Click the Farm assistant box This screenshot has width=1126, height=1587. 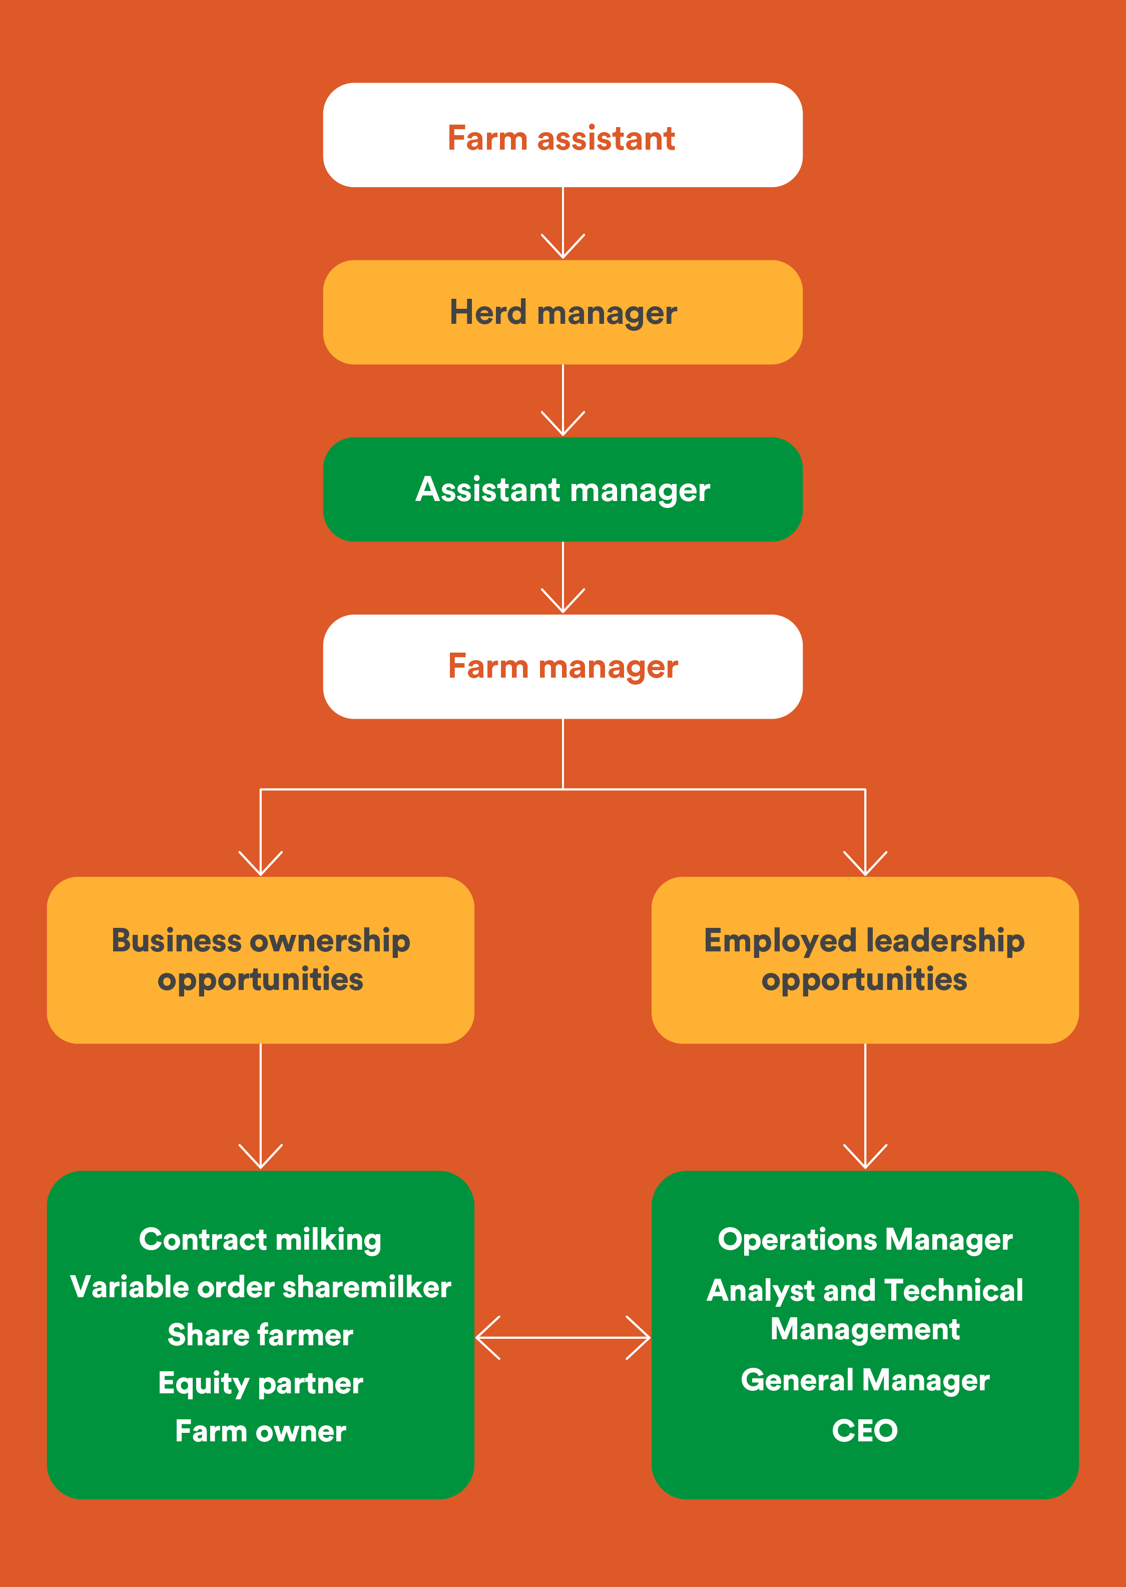pos(562,135)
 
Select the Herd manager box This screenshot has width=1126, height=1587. pos(562,312)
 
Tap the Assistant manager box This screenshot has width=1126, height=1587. pos(562,489)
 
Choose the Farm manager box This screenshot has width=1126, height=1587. pos(562,666)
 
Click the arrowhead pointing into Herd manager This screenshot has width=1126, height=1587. pos(562,248)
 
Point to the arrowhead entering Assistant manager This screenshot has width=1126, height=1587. pos(562,424)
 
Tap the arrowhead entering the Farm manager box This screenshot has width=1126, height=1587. pos(562,602)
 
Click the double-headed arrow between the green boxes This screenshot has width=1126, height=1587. pos(562,1337)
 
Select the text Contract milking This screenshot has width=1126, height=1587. pos(260,1240)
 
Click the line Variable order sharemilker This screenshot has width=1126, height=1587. pos(260,1288)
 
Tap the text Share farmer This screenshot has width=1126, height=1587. pos(260,1335)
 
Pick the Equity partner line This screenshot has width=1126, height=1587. pos(260,1383)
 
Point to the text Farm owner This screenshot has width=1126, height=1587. pos(260,1431)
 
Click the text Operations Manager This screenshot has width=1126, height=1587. pos(865,1240)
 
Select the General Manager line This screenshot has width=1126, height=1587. pos(865,1380)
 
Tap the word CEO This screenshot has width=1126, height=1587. pos(865,1430)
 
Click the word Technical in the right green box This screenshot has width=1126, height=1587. pos(953,1290)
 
